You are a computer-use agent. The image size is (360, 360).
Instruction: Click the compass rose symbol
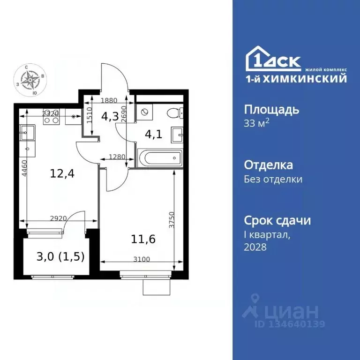point(32,80)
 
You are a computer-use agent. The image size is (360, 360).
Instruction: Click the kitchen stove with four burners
point(50,120)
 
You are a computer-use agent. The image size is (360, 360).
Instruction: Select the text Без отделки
point(273,179)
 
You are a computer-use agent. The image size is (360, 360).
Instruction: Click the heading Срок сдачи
point(277,220)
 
